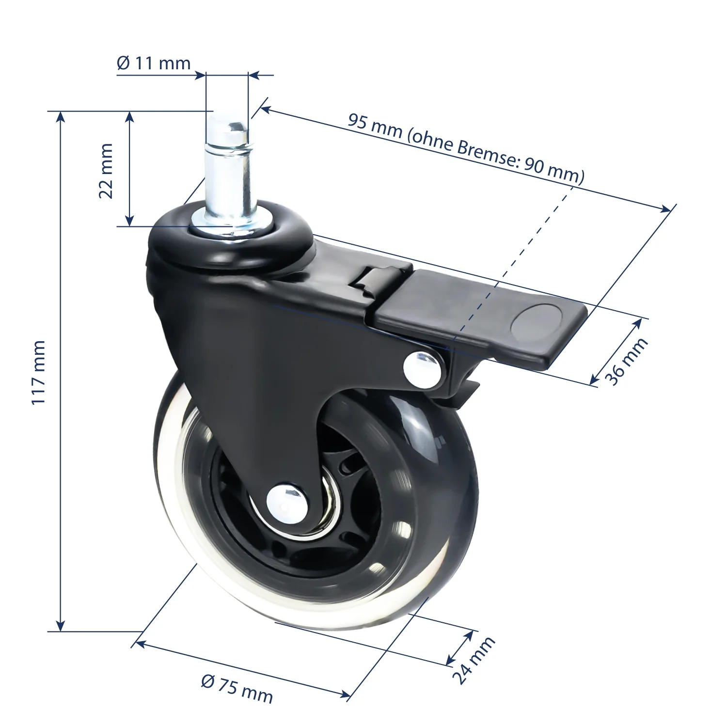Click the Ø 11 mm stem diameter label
point(154,63)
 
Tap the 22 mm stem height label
point(106,170)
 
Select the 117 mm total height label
point(38,372)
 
